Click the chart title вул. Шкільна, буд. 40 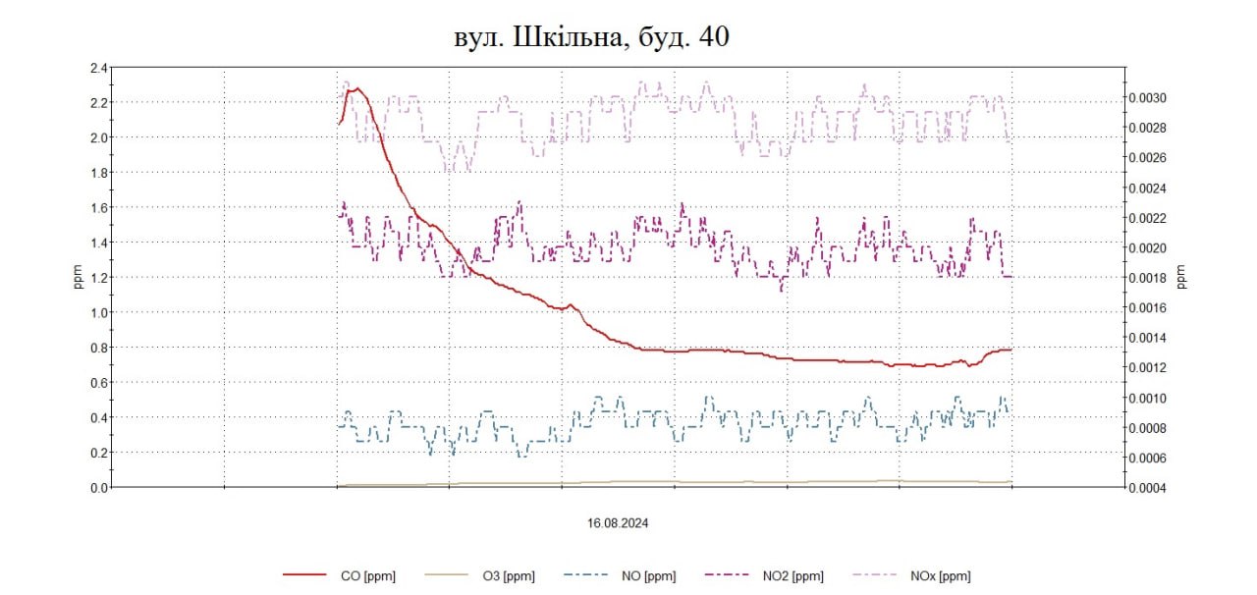click(590, 36)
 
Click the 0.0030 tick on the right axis click(1147, 98)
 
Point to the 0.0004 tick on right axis click(1147, 488)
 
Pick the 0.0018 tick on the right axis click(1147, 278)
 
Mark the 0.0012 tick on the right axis click(1147, 368)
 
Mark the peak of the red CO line click(357, 88)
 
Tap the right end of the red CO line click(1011, 350)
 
